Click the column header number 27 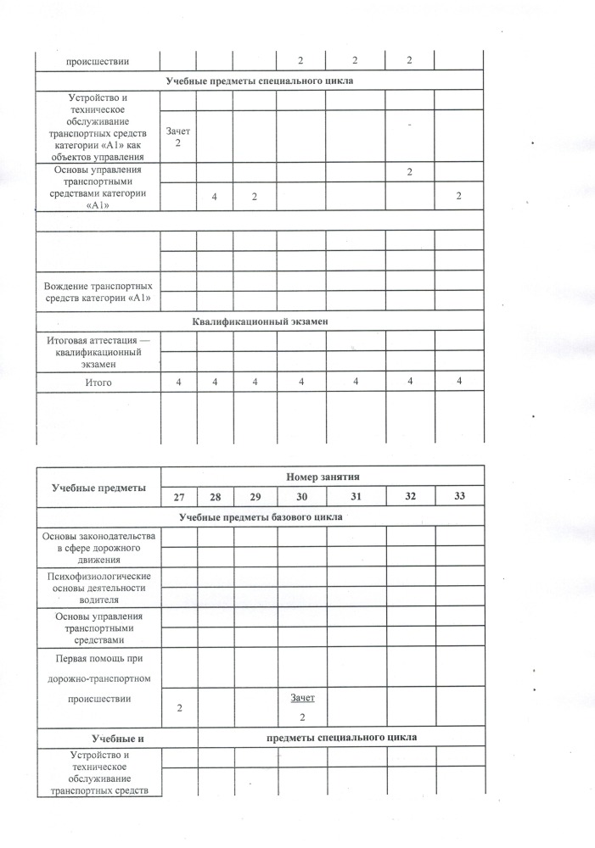point(179,496)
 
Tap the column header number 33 point(459,496)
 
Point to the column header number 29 point(253,496)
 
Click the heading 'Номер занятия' point(323,477)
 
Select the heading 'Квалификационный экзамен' point(259,321)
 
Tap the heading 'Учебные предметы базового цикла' point(261,516)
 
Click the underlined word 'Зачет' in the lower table point(302,698)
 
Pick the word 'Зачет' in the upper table point(179,131)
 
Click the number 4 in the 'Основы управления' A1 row point(215,197)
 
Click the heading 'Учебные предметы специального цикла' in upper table point(259,81)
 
